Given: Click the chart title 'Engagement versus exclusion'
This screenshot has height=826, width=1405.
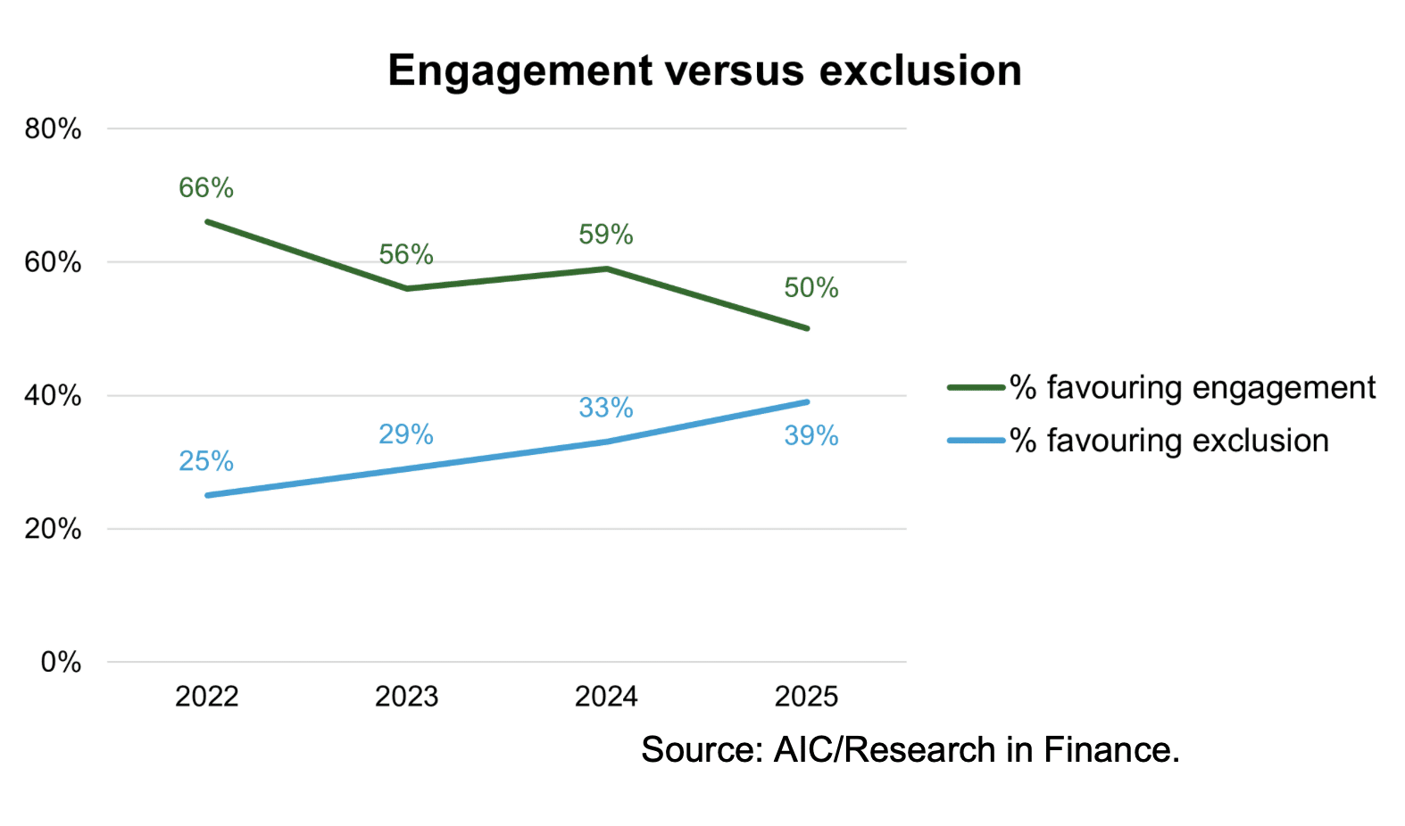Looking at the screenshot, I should point(704,70).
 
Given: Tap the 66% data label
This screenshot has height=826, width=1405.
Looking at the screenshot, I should point(206,187).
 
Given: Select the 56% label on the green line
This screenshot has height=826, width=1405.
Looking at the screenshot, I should point(406,254).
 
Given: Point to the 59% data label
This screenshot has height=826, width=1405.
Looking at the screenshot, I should point(606,235).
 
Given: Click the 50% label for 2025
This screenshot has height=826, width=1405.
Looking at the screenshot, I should point(811,287).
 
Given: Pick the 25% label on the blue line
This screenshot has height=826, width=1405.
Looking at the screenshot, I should point(206,461).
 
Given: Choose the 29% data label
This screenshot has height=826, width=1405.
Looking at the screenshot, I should point(406,434).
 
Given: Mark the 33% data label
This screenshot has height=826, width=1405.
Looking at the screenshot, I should point(606,408).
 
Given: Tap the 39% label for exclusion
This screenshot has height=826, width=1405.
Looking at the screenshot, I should point(811,435).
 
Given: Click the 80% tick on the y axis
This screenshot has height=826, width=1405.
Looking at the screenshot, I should point(54,129).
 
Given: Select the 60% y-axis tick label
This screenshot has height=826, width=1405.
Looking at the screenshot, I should point(54,262).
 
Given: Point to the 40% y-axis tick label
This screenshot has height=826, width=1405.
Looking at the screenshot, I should point(54,396).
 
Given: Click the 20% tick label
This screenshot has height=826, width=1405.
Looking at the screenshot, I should point(54,529).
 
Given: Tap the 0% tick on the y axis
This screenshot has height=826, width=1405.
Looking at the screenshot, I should point(61,662).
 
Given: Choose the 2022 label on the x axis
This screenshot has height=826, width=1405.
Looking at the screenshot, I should point(207,696).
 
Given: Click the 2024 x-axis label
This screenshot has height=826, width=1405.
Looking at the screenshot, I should point(606,696).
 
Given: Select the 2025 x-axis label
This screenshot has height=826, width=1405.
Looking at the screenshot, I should point(807,696).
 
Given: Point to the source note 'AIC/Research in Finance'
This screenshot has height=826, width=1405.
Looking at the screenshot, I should point(910,750).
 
